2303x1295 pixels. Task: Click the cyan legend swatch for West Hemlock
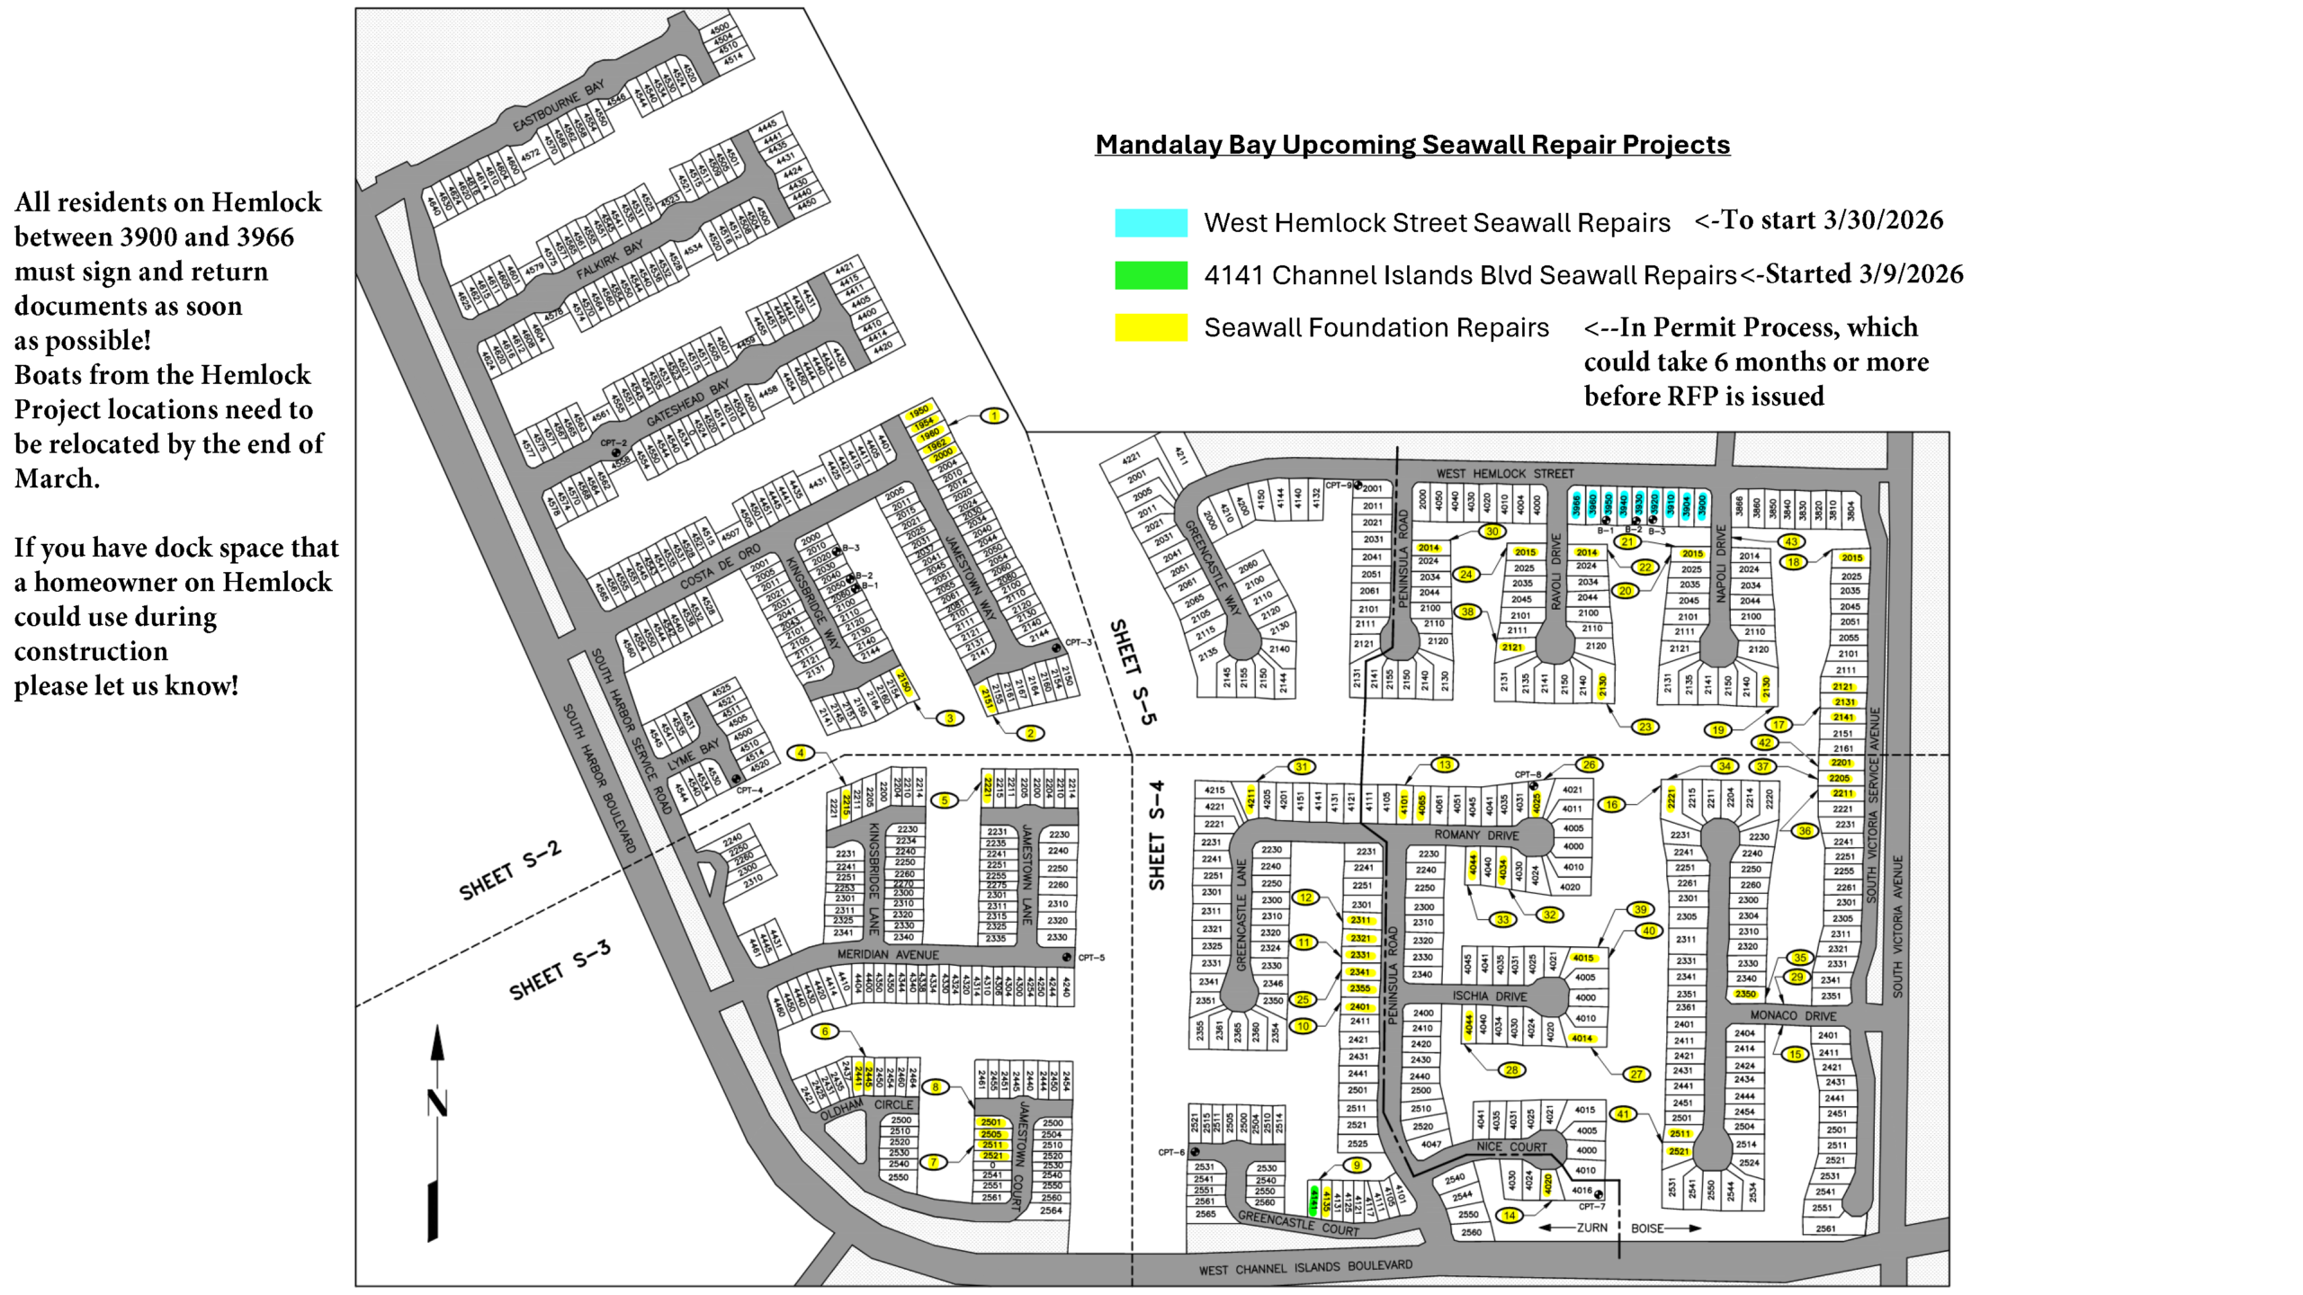[x=1151, y=222]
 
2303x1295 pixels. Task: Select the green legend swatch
[x=1151, y=275]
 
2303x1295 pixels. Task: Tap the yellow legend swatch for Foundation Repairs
[x=1151, y=327]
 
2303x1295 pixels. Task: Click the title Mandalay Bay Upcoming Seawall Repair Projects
[x=1412, y=145]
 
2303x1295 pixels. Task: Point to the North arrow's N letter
[x=437, y=1103]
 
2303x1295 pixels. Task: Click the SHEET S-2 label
[x=510, y=871]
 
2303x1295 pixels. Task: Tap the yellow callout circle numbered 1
[x=994, y=416]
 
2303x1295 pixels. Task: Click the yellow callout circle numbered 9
[x=1357, y=1165]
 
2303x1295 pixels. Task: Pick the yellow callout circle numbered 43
[x=1791, y=541]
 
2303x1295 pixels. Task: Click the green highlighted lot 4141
[x=1314, y=1200]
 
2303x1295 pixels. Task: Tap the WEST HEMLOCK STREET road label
[x=1505, y=473]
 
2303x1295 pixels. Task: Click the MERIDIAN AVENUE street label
[x=887, y=954]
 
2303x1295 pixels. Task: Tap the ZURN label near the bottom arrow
[x=1591, y=1228]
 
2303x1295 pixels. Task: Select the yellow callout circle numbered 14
[x=1510, y=1216]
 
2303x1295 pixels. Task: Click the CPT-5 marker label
[x=1090, y=958]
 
